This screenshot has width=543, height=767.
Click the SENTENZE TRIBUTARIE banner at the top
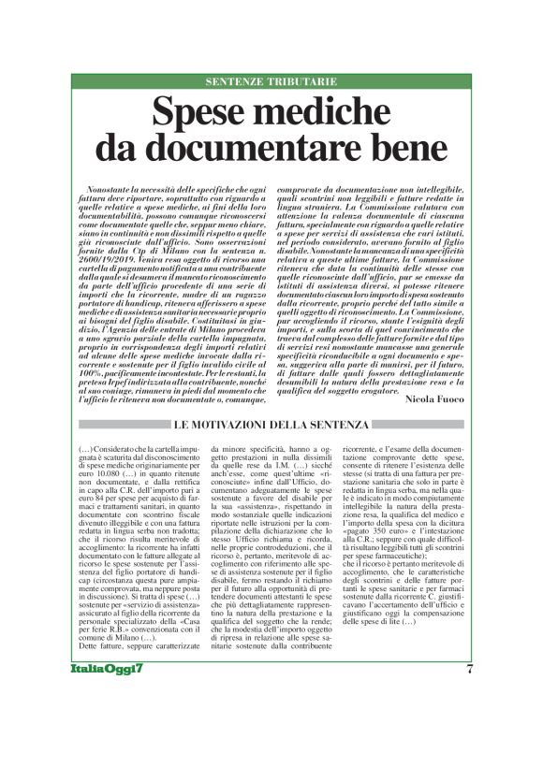click(271, 81)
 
